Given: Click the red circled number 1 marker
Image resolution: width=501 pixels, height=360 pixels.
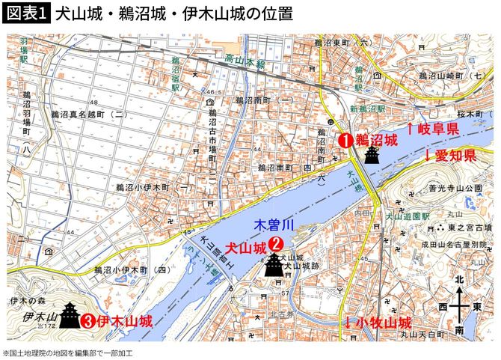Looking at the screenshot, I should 345,139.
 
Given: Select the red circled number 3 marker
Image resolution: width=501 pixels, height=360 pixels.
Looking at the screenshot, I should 87,322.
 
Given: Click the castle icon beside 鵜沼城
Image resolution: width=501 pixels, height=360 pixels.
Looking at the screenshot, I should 372,154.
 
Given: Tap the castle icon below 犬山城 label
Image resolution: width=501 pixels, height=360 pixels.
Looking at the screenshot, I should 275,264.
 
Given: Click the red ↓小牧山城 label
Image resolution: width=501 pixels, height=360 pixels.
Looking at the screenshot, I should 378,323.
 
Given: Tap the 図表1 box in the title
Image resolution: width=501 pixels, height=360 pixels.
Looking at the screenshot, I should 26,14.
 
